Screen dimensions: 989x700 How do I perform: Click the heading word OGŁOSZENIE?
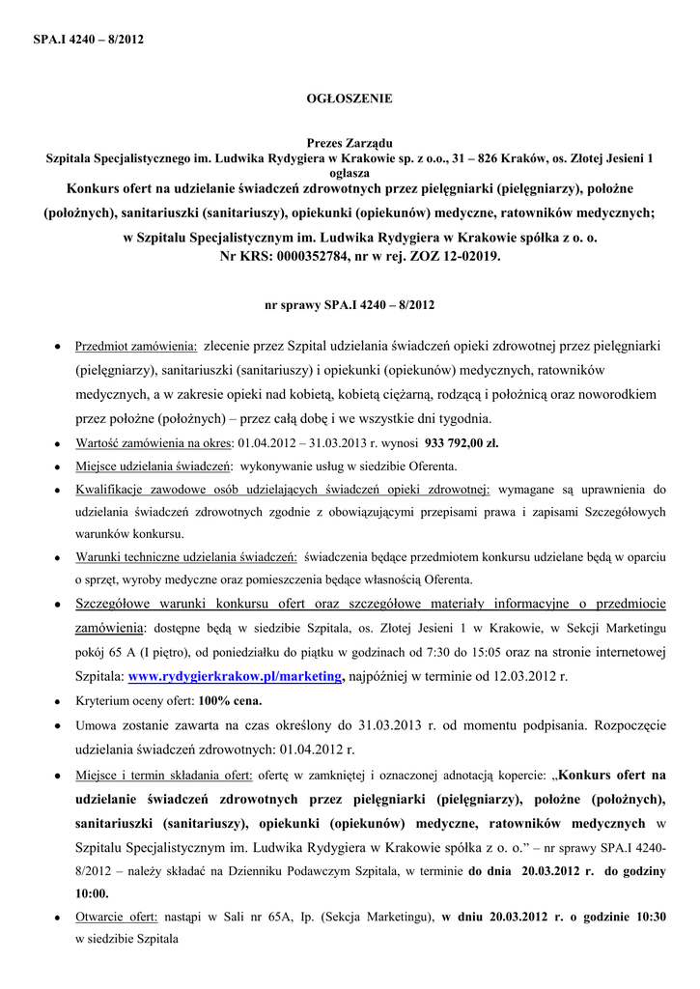[x=350, y=99]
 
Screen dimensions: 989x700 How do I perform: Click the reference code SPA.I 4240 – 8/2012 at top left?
[x=88, y=40]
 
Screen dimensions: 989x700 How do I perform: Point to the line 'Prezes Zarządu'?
[x=350, y=143]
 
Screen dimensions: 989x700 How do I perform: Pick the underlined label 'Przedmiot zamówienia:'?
[x=136, y=346]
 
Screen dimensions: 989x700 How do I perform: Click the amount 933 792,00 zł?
[x=462, y=443]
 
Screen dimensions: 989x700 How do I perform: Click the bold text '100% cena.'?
[x=230, y=700]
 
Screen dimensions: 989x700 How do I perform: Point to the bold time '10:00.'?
[x=92, y=892]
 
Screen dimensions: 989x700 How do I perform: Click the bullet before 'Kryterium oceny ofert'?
[x=59, y=701]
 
